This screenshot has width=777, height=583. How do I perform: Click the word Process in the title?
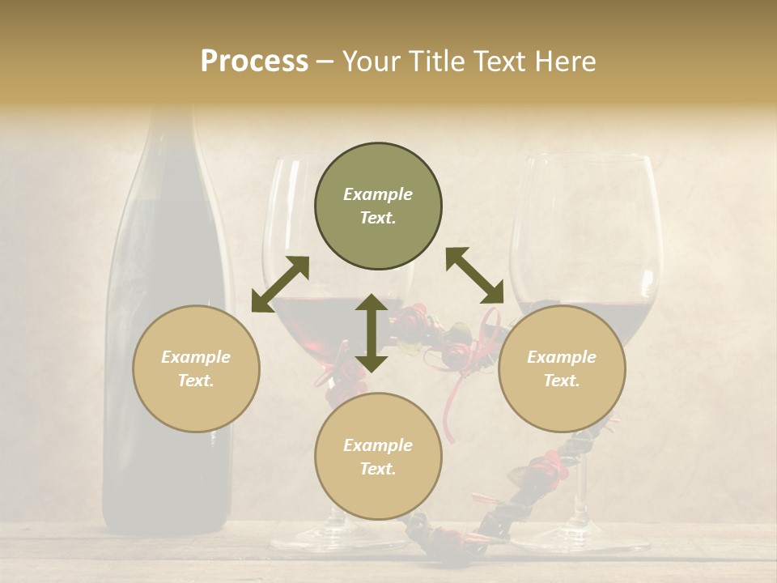tap(254, 62)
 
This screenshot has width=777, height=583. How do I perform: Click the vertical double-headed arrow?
tap(372, 333)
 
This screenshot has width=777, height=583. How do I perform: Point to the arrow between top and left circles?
tap(280, 283)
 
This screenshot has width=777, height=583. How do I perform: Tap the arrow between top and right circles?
tap(475, 276)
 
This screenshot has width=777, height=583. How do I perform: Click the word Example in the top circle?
tap(378, 194)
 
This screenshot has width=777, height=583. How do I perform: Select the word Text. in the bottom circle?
tap(378, 469)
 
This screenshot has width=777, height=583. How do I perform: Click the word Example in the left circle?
tap(196, 357)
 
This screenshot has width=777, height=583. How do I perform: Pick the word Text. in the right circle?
tap(562, 381)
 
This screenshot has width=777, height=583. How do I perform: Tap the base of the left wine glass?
tap(316, 538)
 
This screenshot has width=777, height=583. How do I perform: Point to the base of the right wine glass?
tap(579, 538)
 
